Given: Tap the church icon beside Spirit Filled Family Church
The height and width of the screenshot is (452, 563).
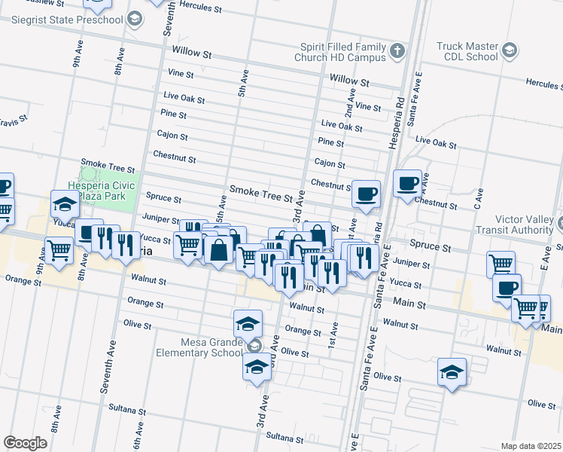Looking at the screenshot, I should (397, 51).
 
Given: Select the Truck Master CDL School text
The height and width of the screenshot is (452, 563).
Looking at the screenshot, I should (467, 50).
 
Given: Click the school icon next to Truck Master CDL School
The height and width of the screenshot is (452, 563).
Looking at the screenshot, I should (510, 51).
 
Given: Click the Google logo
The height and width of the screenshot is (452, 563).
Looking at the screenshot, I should (25, 443).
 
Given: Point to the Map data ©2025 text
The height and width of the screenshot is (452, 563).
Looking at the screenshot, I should (531, 446).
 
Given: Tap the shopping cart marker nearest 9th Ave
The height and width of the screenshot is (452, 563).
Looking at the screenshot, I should (58, 250).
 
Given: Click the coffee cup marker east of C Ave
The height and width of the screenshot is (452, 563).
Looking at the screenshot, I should (507, 288).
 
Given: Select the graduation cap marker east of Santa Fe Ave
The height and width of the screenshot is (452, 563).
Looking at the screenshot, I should (452, 372).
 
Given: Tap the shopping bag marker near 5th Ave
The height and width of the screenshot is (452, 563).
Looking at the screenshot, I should (218, 249).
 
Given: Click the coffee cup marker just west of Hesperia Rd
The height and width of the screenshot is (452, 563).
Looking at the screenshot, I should (367, 194).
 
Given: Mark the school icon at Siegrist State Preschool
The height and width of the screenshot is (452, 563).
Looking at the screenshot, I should (134, 18).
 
